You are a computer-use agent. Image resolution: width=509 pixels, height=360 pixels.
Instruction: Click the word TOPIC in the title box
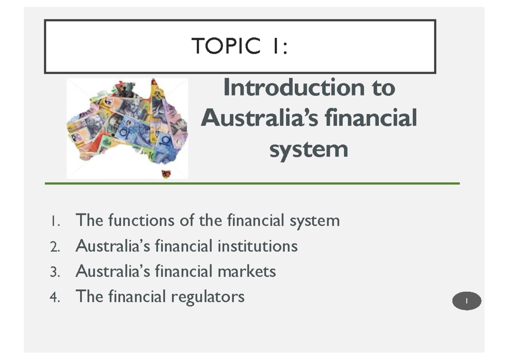click(226, 46)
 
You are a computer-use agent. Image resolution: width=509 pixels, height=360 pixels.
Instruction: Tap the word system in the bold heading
click(308, 149)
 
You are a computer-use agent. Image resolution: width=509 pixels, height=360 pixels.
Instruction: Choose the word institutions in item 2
click(257, 246)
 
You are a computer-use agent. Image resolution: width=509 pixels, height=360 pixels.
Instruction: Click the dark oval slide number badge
click(467, 301)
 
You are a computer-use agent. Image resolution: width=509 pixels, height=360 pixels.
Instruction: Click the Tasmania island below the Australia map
click(166, 174)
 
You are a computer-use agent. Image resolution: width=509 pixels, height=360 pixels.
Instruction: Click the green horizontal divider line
click(252, 184)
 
